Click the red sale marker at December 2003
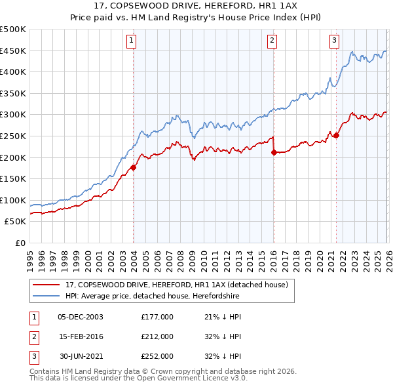[x=134, y=167]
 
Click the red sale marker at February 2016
[x=274, y=152]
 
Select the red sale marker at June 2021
[x=336, y=135]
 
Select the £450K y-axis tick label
[x=13, y=51]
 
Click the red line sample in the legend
[x=47, y=285]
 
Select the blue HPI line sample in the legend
[x=47, y=296]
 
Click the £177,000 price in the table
[x=157, y=316]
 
